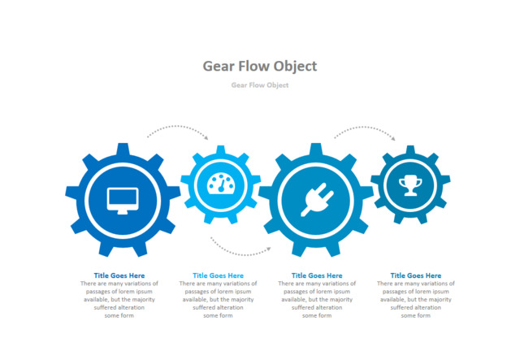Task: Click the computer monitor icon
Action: pyautogui.click(x=123, y=201)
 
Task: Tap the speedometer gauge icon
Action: pyautogui.click(x=221, y=183)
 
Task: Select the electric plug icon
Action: pyautogui.click(x=317, y=200)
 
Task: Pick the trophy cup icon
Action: pyautogui.click(x=410, y=185)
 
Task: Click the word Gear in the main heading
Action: pyautogui.click(x=219, y=66)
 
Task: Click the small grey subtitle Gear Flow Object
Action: pyautogui.click(x=260, y=85)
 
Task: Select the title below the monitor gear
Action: pyautogui.click(x=119, y=275)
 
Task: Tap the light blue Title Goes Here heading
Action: pyautogui.click(x=219, y=275)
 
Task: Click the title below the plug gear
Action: pyautogui.click(x=317, y=275)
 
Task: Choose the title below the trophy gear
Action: pyautogui.click(x=416, y=275)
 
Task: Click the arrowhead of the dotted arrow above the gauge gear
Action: pyautogui.click(x=206, y=137)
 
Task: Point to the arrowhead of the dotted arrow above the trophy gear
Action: pyautogui.click(x=393, y=138)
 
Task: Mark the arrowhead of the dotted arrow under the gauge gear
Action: pyautogui.click(x=269, y=249)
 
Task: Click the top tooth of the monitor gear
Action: pyautogui.click(x=123, y=149)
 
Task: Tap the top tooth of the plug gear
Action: pyautogui.click(x=316, y=149)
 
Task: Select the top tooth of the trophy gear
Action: pyautogui.click(x=410, y=150)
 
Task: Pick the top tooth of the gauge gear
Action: pyautogui.click(x=221, y=150)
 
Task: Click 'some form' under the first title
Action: pyautogui.click(x=119, y=315)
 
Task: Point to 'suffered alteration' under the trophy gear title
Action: pyautogui.click(x=416, y=307)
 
